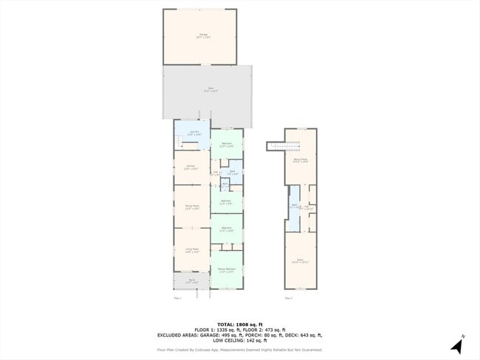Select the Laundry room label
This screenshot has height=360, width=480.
click(x=192, y=134)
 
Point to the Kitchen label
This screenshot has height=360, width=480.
click(x=191, y=167)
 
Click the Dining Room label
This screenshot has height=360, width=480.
click(x=191, y=207)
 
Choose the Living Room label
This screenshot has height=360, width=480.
click(x=191, y=251)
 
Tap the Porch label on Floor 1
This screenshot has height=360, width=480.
click(x=191, y=280)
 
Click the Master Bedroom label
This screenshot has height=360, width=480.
click(x=226, y=270)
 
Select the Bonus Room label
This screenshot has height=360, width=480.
click(x=300, y=159)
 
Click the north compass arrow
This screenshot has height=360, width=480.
click(x=459, y=345)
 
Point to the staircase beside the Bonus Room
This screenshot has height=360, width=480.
click(x=276, y=146)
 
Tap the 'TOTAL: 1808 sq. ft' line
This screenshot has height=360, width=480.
click(x=240, y=324)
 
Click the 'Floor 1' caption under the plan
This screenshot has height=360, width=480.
click(x=177, y=298)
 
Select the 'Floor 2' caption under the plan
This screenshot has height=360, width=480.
click(x=289, y=298)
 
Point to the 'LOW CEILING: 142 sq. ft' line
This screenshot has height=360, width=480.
click(x=240, y=341)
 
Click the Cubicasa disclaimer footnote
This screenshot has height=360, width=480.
click(x=240, y=350)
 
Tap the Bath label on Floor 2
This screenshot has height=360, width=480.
click(x=293, y=206)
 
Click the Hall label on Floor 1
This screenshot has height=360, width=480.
click(x=216, y=173)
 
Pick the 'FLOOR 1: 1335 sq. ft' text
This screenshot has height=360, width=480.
click(x=215, y=330)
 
